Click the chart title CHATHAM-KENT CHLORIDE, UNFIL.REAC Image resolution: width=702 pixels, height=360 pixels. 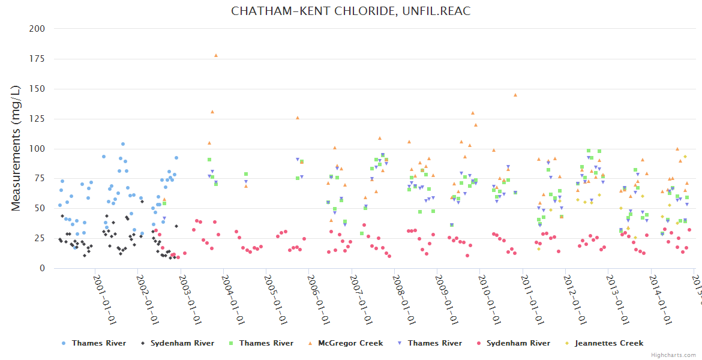(350, 11)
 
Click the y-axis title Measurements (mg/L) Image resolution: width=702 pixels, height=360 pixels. (16, 149)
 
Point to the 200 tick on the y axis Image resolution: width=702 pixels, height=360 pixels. (37, 29)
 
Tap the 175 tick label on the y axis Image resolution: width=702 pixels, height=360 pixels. (37, 59)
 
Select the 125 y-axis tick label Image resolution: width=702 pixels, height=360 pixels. (37, 89)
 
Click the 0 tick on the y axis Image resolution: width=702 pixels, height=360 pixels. (42, 269)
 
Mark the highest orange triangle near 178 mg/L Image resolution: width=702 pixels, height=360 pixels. (216, 55)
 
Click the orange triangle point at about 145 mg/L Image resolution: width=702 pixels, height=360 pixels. (515, 95)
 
